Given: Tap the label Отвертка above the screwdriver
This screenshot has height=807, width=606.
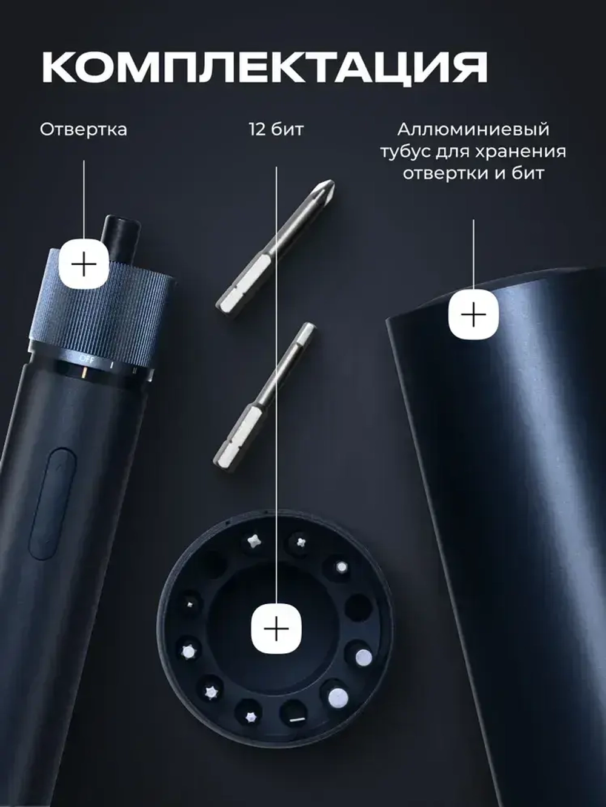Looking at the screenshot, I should pos(84,130).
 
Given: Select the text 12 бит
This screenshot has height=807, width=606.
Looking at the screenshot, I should pos(276,130).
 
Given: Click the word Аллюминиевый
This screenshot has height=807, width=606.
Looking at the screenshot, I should pos(473,130).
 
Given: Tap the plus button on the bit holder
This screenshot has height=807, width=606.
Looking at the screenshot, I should pos(276,630).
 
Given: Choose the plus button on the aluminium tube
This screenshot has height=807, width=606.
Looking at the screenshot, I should pos(473,315).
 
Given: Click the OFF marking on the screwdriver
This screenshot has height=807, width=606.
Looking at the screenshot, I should pos(85,358).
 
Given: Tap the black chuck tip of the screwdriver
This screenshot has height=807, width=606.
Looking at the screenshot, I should pos(122,232).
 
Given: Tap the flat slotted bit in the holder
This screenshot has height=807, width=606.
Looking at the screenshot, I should pos(297,719).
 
